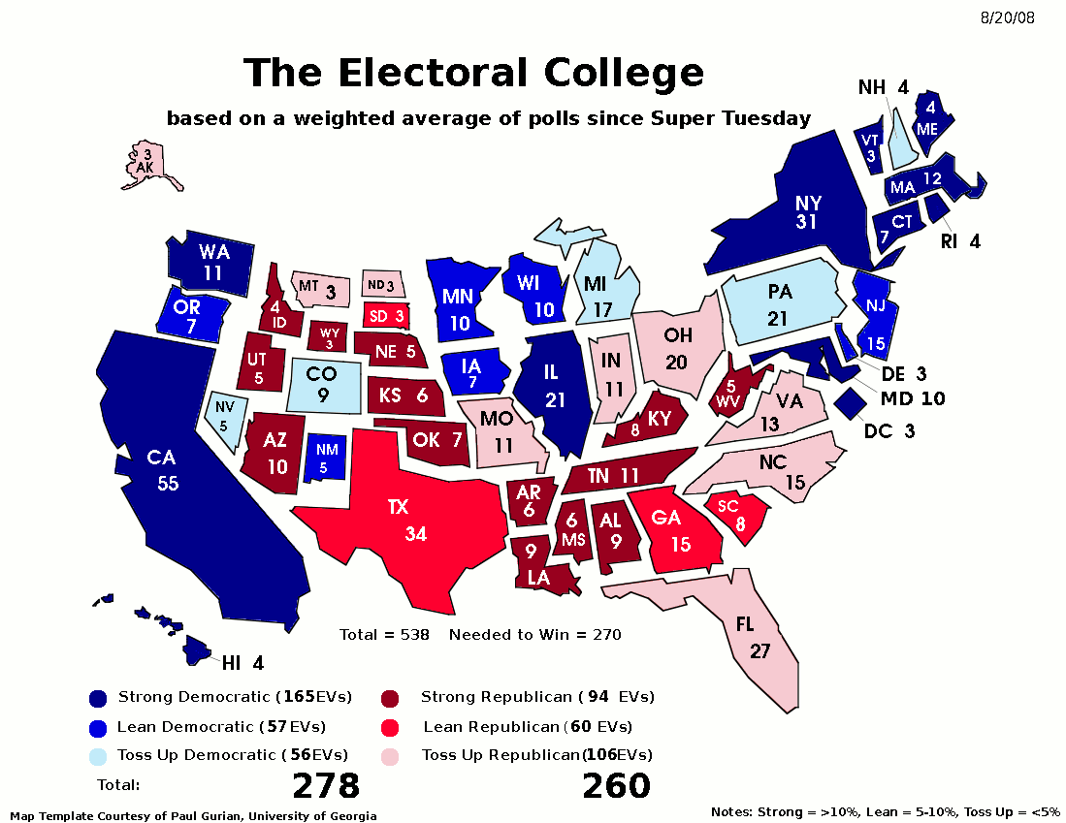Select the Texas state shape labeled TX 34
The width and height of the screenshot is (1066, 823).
pyautogui.click(x=398, y=523)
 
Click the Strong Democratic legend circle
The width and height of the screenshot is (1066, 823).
pyautogui.click(x=97, y=698)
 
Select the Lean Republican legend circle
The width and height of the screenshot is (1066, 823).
pyautogui.click(x=390, y=727)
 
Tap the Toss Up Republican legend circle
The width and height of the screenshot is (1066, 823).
pyautogui.click(x=390, y=756)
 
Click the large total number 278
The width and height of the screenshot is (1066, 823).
pyautogui.click(x=326, y=786)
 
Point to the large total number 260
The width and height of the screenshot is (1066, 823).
pyautogui.click(x=616, y=786)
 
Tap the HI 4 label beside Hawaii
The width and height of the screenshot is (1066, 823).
pyautogui.click(x=242, y=664)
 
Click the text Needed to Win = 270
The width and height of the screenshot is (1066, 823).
pyautogui.click(x=534, y=635)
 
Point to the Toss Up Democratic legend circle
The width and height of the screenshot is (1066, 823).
pyautogui.click(x=97, y=756)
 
